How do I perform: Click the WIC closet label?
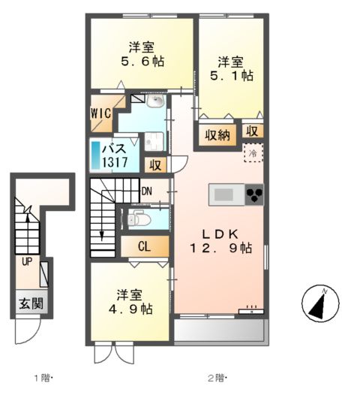[x=102, y=113]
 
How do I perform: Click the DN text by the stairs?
[x=147, y=191]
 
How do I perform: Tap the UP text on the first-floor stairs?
[x=27, y=262]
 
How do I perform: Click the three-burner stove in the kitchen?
[x=255, y=195]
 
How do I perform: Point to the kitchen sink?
[x=224, y=195]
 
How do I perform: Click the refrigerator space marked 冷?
[x=255, y=153]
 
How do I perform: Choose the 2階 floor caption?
[x=217, y=378]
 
